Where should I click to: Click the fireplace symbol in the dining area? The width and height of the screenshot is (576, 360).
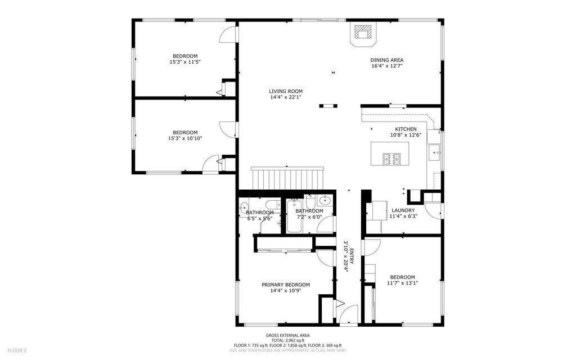(363, 33)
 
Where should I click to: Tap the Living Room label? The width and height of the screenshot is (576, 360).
(285, 91)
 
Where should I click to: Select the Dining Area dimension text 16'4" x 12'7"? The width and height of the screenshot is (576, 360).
(386, 66)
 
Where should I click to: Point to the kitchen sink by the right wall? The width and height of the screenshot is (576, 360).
(435, 151)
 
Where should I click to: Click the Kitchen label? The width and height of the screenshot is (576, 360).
(406, 129)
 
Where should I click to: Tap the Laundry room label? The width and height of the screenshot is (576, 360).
(403, 210)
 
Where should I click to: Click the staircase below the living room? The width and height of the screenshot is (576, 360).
(288, 178)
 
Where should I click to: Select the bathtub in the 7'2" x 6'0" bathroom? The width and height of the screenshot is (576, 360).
(294, 217)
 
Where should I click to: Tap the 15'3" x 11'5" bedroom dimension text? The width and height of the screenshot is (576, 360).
(185, 62)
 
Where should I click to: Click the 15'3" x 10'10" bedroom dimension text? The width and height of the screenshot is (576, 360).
(185, 138)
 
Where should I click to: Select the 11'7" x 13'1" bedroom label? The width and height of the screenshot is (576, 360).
(402, 277)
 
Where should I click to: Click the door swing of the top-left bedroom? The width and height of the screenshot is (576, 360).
(228, 34)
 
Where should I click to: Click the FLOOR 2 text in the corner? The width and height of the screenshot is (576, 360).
(16, 350)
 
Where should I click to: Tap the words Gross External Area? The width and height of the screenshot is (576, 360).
(287, 335)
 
